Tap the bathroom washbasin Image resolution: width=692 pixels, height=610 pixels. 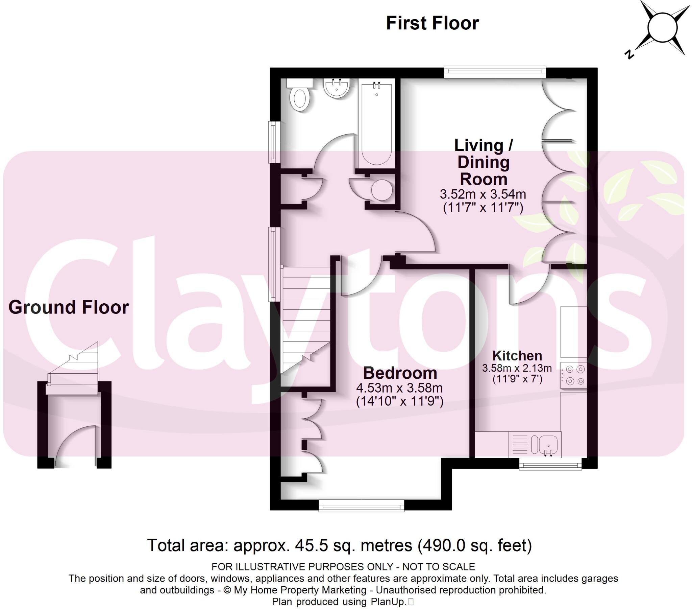tap(336, 88)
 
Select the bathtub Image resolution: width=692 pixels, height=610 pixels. tap(377, 122)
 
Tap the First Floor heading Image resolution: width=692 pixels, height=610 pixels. tap(432, 23)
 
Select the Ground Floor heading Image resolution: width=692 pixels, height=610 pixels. tap(68, 307)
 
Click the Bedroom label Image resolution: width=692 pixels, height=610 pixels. tap(400, 373)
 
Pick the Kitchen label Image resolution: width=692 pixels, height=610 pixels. tap(517, 355)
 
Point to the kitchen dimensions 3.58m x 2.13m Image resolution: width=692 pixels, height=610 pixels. tap(517, 368)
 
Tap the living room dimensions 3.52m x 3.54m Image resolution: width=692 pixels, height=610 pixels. tap(483, 194)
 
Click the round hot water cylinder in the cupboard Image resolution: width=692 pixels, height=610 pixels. tap(382, 190)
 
